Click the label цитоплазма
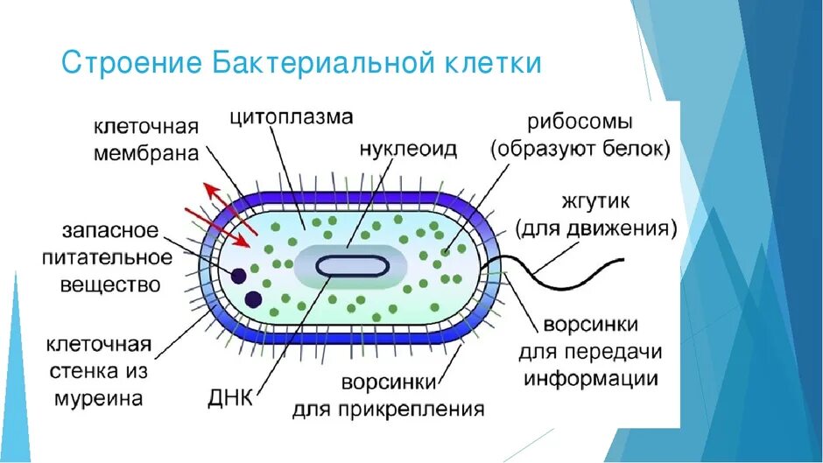click(292, 116)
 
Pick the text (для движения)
click(596, 228)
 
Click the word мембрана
click(147, 153)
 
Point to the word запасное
click(110, 231)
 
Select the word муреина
click(110, 399)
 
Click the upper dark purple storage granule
click(237, 276)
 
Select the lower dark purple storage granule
click(253, 299)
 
